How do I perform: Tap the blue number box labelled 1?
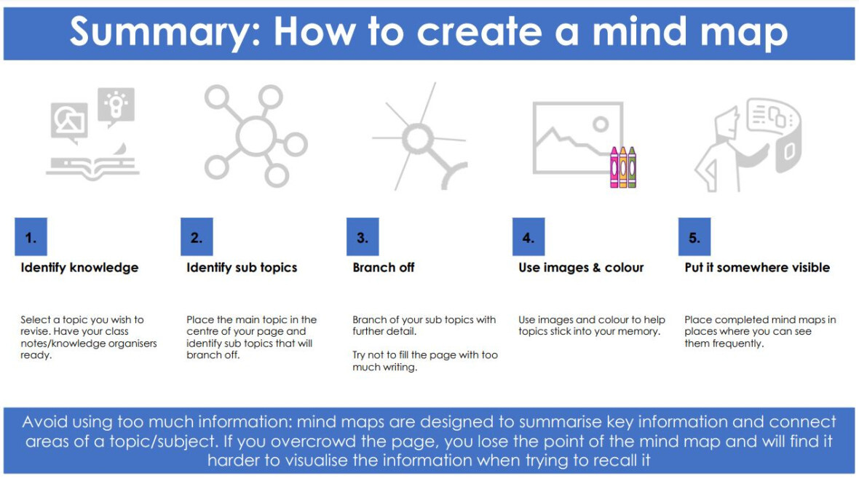[x=31, y=236]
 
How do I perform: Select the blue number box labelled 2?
[x=197, y=236]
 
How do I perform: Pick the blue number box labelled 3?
[x=363, y=236]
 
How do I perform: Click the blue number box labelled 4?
[x=529, y=236]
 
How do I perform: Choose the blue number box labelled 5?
[x=694, y=236]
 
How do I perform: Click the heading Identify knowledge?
[x=79, y=268]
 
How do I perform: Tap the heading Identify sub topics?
[x=242, y=268]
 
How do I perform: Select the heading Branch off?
[x=384, y=268]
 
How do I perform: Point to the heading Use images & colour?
[x=581, y=268]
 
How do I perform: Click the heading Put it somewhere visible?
[x=757, y=268]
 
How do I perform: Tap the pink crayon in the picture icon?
[x=614, y=168]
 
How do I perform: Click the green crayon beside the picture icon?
[x=632, y=168]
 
